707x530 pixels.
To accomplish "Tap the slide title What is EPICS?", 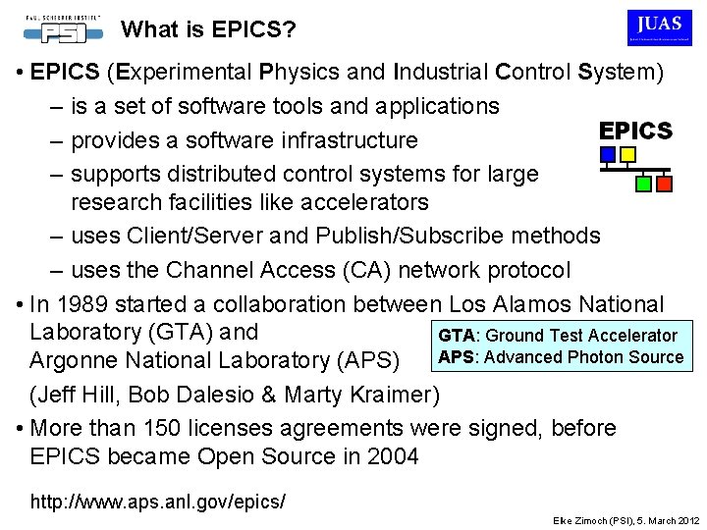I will (x=208, y=29).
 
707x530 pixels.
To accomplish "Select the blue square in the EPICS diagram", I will (x=608, y=154).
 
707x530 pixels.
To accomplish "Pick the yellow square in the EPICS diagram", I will (x=628, y=154).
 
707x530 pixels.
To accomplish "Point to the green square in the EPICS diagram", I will (x=643, y=184).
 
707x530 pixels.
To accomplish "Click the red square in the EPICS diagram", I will (x=664, y=184).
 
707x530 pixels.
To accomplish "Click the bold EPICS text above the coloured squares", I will (x=635, y=131).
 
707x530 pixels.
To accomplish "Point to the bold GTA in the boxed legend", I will (x=455, y=336).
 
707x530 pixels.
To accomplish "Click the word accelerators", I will (x=348, y=203).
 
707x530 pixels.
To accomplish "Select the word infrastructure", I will (x=333, y=139).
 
